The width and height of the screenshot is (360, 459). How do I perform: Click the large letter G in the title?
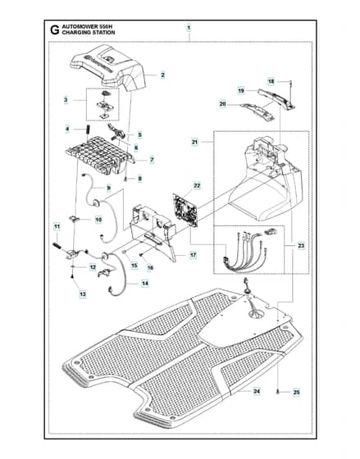(x=54, y=30)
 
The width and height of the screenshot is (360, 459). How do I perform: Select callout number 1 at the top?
(x=189, y=28)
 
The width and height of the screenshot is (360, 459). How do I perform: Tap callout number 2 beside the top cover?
(x=162, y=75)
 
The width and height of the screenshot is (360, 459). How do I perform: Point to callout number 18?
(x=271, y=81)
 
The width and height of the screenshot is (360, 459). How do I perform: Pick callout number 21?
(x=195, y=142)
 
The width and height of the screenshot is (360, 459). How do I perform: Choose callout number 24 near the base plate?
(x=257, y=392)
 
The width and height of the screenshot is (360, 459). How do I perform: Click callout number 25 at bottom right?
(x=296, y=393)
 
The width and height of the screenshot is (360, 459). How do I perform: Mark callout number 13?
(x=83, y=294)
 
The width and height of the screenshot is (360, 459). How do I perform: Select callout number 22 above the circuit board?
(x=197, y=186)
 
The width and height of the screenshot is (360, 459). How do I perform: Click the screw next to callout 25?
(x=278, y=392)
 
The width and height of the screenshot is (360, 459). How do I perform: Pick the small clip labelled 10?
(x=74, y=218)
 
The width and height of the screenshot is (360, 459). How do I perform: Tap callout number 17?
(x=193, y=255)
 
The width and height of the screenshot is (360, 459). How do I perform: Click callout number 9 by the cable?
(x=109, y=188)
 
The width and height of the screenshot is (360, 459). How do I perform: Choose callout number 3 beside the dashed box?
(x=66, y=100)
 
